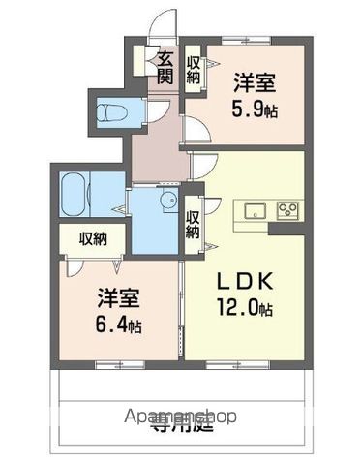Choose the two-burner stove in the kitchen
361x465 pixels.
point(288,209)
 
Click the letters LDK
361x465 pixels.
point(241,284)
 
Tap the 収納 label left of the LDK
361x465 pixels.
point(193,224)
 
